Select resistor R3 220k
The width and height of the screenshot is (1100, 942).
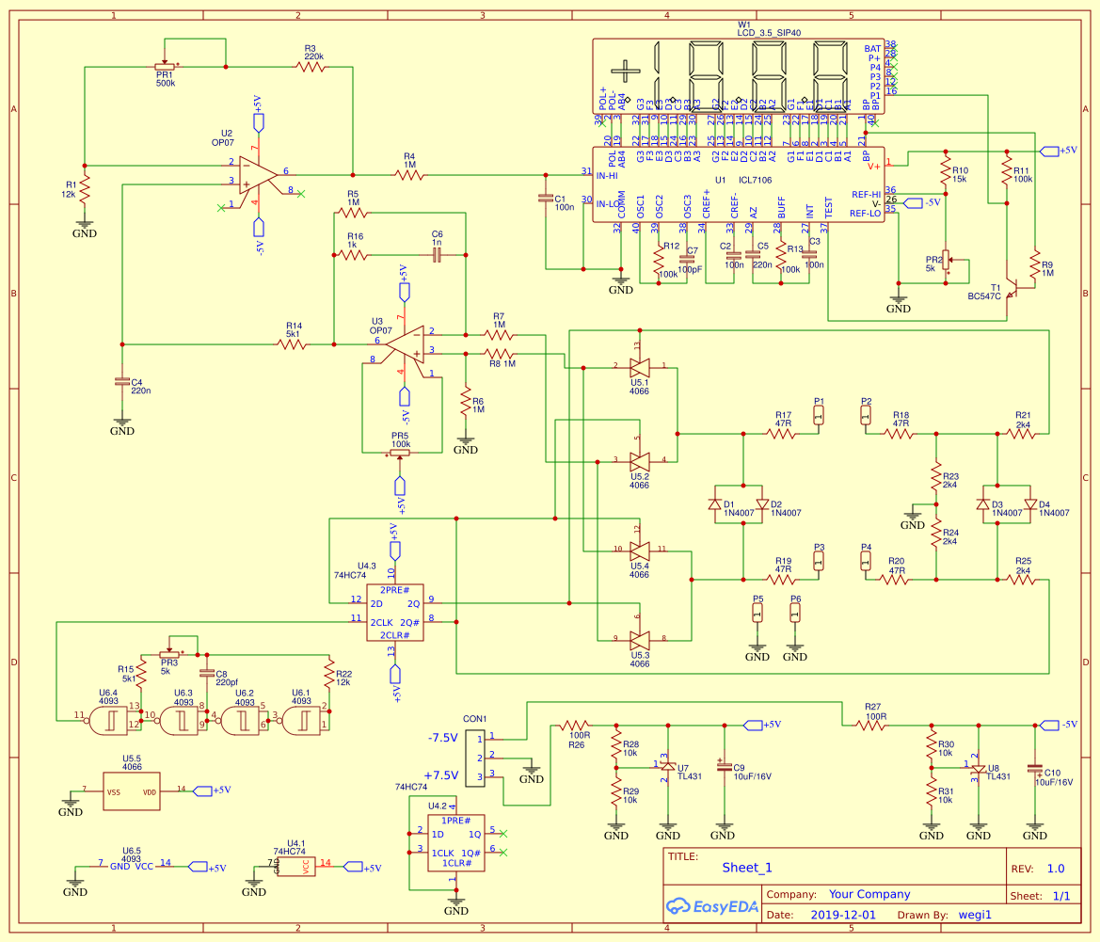[311, 67]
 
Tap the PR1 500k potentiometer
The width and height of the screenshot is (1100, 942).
[165, 67]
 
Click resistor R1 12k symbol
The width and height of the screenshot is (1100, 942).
[84, 189]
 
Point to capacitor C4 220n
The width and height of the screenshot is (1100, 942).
[121, 381]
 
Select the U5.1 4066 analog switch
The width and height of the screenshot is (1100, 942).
[640, 366]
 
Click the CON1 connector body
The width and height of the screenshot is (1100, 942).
[475, 757]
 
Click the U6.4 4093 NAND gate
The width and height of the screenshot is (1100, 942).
[107, 723]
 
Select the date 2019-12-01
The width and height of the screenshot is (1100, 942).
[842, 915]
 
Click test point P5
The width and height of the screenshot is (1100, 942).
[757, 613]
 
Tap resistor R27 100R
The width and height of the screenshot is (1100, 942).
[869, 725]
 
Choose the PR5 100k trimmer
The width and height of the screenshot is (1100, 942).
[401, 453]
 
